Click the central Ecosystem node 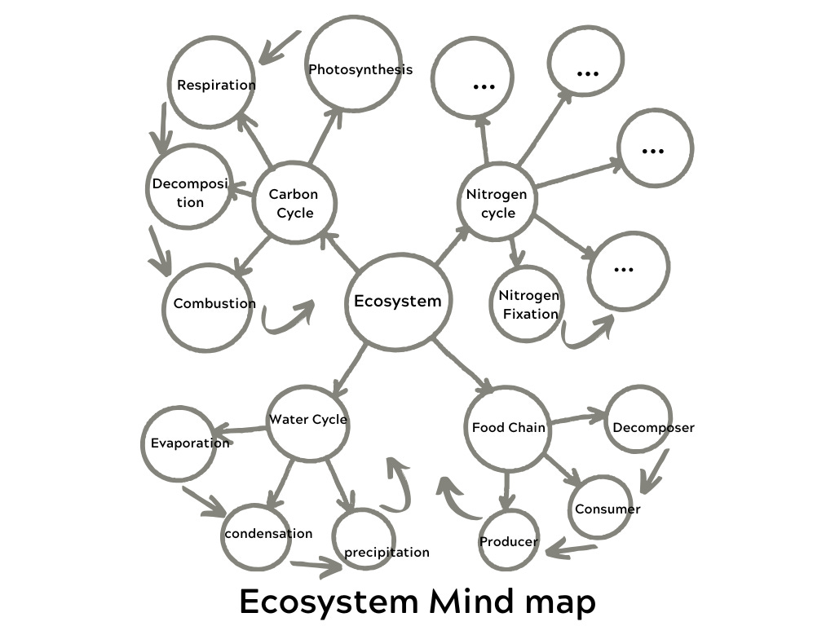[398, 302]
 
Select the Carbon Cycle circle [293, 203]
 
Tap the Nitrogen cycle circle [496, 203]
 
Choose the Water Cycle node [307, 421]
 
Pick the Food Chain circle [507, 428]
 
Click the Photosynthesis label [360, 69]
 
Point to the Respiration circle [211, 85]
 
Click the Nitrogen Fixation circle [528, 303]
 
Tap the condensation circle [256, 535]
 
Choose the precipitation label [386, 553]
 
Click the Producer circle [508, 540]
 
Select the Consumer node [601, 508]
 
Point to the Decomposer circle [640, 421]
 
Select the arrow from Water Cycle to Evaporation [241, 430]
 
